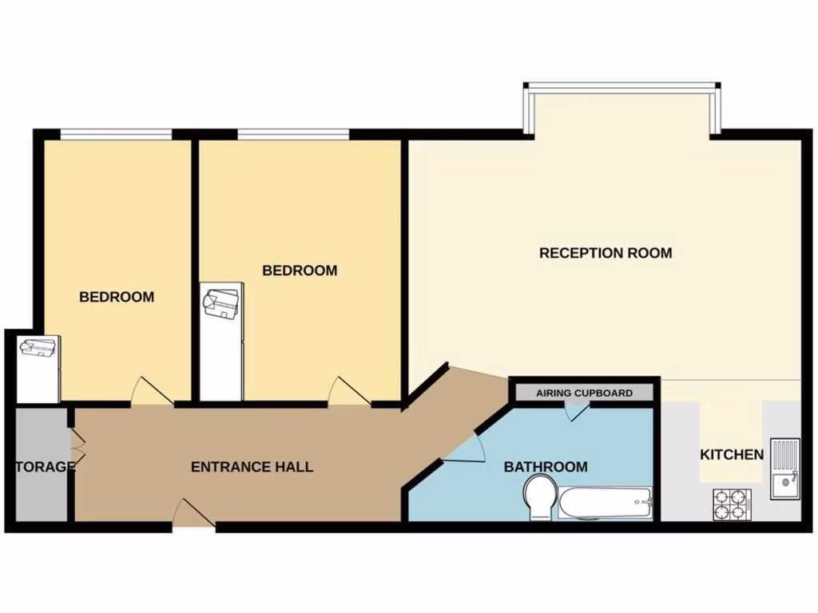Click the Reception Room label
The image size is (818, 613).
pyautogui.click(x=606, y=253)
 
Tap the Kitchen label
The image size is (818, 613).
pyautogui.click(x=732, y=455)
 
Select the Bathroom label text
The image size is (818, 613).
pyautogui.click(x=546, y=467)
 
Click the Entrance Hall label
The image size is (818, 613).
pyautogui.click(x=252, y=467)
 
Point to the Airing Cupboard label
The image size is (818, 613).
pyautogui.click(x=584, y=393)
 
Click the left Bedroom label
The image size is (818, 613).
pyautogui.click(x=117, y=297)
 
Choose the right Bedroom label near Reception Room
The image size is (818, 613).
pyautogui.click(x=300, y=271)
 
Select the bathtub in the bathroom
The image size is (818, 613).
pyautogui.click(x=605, y=504)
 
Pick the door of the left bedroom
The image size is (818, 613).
pyautogui.click(x=151, y=391)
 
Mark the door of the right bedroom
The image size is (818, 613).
pyautogui.click(x=349, y=391)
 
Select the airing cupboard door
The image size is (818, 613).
pyautogui.click(x=576, y=411)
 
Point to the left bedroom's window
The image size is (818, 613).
pyautogui.click(x=117, y=133)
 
